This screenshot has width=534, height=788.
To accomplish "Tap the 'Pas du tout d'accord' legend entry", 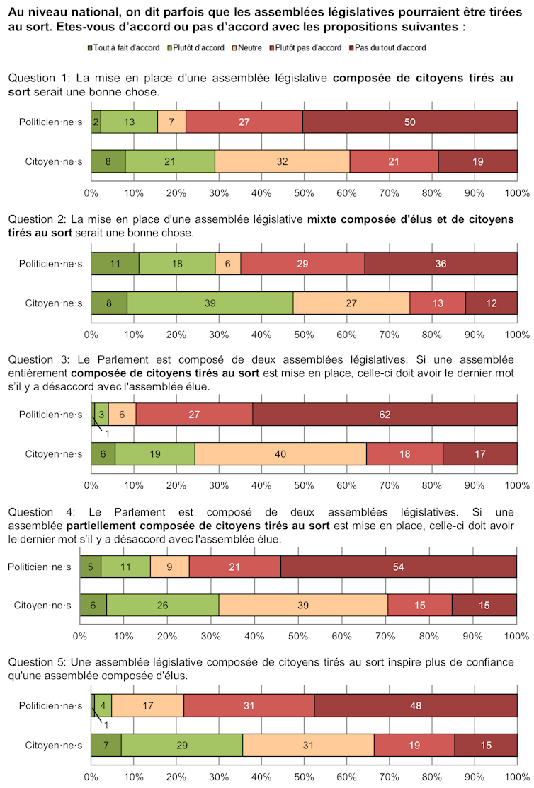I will coord(391,47).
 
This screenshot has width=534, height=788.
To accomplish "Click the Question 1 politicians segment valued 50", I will coord(410,122).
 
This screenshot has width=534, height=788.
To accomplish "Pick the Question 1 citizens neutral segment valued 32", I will coord(283,161).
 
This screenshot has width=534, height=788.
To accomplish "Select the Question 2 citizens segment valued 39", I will coord(210,303).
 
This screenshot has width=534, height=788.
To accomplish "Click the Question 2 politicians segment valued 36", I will coord(441,263).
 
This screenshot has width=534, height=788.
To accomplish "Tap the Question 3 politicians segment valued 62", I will coord(385,415).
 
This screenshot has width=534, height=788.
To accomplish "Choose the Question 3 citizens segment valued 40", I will coord(280,453).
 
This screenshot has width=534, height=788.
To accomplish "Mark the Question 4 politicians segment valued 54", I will coord(399,566).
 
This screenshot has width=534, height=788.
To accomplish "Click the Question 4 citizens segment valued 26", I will coord(163,605).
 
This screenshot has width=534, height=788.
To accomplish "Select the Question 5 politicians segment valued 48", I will coord(416,705).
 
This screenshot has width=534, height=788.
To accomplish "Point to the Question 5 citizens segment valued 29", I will coord(182,745).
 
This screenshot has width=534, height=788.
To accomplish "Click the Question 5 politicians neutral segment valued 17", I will coord(148,705).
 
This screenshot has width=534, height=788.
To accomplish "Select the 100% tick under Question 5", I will coord(516,776).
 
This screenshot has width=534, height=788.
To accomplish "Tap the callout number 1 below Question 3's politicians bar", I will coord(107,434).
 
